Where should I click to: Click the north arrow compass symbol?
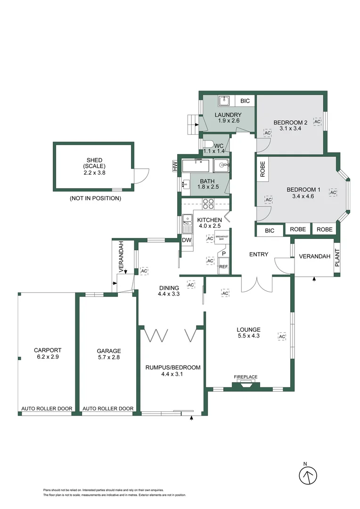(309, 474)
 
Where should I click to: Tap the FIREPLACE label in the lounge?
(245, 377)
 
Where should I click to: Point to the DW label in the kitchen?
(187, 240)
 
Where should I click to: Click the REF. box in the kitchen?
(224, 267)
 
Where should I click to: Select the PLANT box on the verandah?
(337, 258)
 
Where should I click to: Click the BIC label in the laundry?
(245, 101)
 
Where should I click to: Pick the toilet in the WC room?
(208, 145)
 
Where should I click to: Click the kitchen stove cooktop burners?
(208, 204)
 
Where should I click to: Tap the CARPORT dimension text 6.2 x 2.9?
(47, 357)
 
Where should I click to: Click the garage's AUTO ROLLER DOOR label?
(108, 409)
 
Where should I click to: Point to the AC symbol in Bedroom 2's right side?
(317, 122)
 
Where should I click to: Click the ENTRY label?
(259, 254)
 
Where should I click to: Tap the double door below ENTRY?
(257, 284)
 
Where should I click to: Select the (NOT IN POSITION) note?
(95, 198)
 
